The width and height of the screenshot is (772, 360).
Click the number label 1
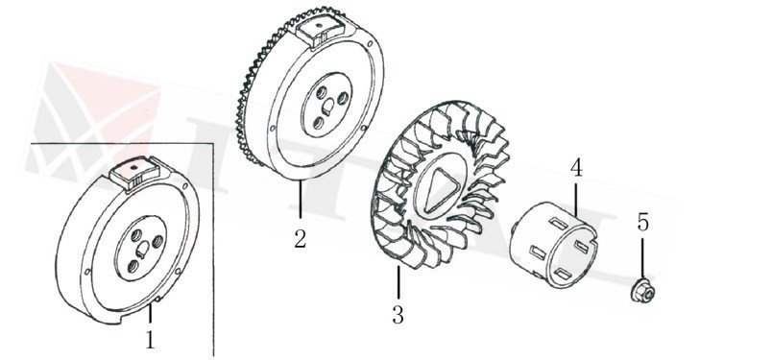(150, 339)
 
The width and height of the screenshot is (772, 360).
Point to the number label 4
(576, 167)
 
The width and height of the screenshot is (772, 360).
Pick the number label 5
(643, 223)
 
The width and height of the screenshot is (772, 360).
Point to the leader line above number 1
(152, 314)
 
